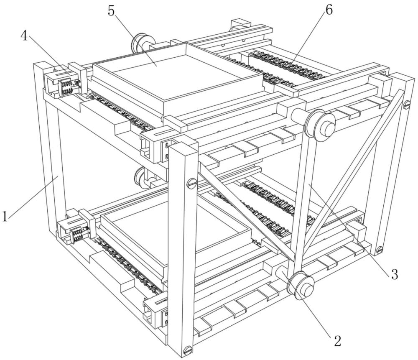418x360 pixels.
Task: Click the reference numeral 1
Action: [5, 216]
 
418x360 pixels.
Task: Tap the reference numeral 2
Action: [337, 340]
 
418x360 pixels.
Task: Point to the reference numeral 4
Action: [24, 36]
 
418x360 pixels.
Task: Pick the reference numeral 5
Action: [111, 10]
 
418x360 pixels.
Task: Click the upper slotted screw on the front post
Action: [191, 182]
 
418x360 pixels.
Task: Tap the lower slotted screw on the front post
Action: [188, 349]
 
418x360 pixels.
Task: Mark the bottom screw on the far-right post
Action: [379, 250]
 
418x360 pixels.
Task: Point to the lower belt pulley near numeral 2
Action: [301, 286]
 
